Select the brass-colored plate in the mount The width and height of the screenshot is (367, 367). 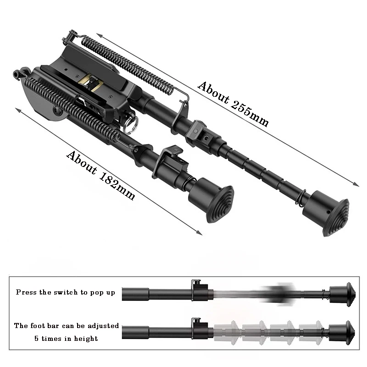pyautogui.click(x=90, y=82)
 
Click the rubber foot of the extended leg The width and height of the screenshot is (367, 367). pyautogui.click(x=328, y=214)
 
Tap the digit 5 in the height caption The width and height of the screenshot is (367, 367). pyautogui.click(x=36, y=339)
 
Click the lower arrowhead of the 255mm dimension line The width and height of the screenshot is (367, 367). pyautogui.click(x=356, y=184)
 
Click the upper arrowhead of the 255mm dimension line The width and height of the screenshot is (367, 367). pyautogui.click(x=99, y=35)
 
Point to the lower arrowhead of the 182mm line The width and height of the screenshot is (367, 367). pyautogui.click(x=200, y=233)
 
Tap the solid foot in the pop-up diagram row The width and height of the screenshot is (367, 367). pyautogui.click(x=343, y=294)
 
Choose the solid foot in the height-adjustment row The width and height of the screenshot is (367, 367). pyautogui.click(x=342, y=332)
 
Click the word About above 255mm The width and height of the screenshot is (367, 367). pyautogui.click(x=213, y=92)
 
